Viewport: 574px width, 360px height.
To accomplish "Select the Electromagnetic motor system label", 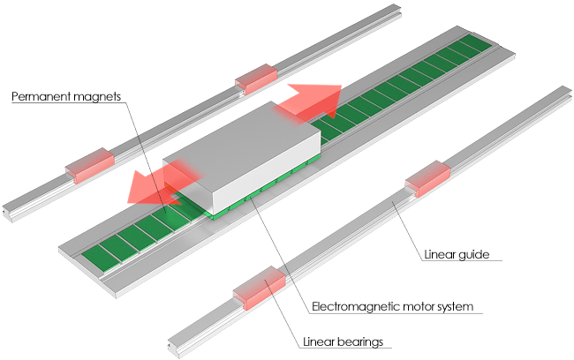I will [393, 307].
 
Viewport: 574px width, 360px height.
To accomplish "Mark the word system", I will [457, 307].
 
